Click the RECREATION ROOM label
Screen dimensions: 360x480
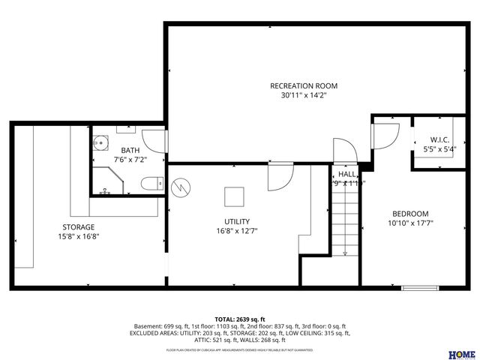(298, 85)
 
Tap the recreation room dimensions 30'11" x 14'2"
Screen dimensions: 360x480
(298, 95)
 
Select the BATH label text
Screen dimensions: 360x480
(130, 150)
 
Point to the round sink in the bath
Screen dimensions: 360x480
(101, 141)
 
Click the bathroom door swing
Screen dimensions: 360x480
(153, 139)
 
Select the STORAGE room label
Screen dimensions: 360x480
(78, 226)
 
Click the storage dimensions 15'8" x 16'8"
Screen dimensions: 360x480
(78, 236)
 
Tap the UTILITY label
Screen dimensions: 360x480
(237, 221)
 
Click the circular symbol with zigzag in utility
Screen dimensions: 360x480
(181, 186)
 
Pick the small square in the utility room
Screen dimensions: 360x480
(234, 196)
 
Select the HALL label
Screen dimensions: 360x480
(346, 174)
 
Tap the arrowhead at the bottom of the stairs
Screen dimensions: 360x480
(345, 253)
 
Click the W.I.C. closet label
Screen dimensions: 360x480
(439, 140)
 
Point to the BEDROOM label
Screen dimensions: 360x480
(409, 213)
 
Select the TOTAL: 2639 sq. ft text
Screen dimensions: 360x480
(240, 319)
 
